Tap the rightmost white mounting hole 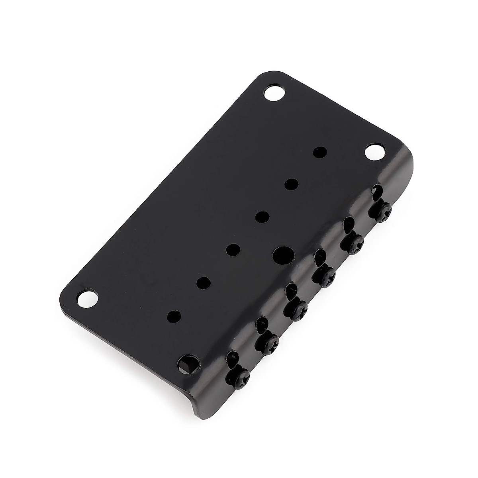click(375, 153)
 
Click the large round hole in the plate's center click(283, 253)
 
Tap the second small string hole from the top click(292, 184)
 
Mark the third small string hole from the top click(262, 217)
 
